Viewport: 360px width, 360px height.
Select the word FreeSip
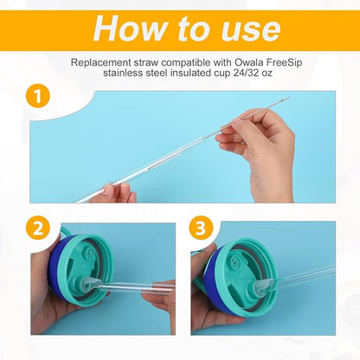(x=267, y=63)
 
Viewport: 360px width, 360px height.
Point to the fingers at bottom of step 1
(x=112, y=193)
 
